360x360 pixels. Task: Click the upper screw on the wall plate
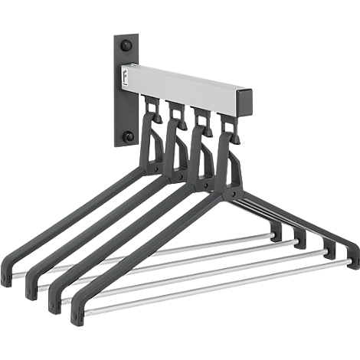tap(128, 46)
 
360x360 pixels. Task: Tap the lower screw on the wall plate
tap(128, 136)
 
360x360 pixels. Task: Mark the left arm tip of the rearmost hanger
tap(7, 276)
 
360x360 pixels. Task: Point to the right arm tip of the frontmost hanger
tap(352, 256)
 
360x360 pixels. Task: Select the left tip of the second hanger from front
tap(54, 302)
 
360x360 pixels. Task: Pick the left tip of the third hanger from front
tap(31, 289)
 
